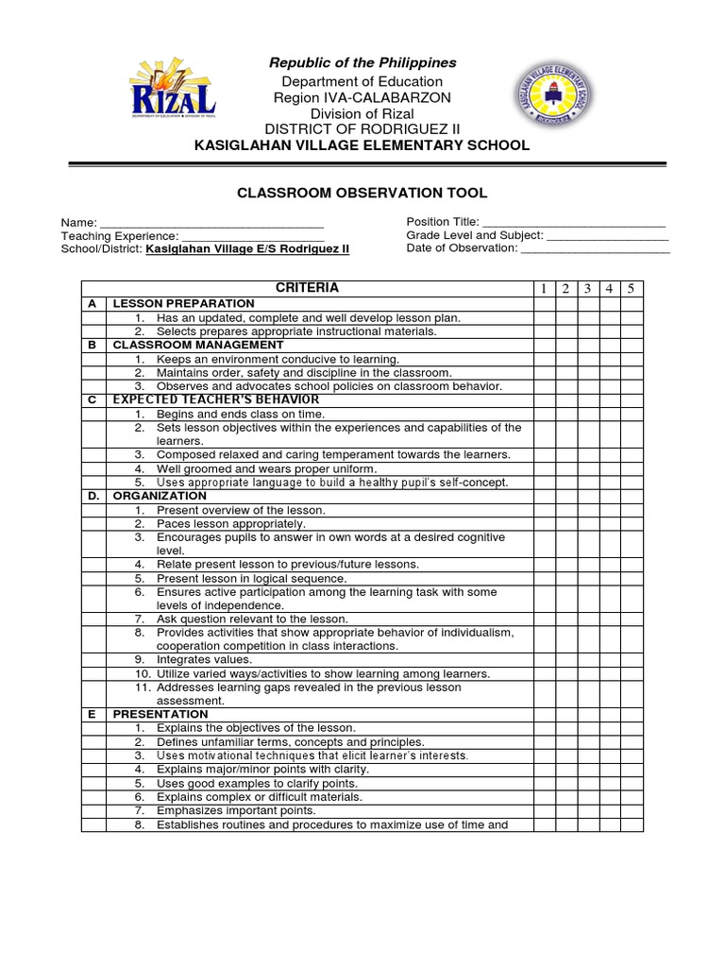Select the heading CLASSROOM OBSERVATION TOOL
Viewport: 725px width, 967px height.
(x=362, y=193)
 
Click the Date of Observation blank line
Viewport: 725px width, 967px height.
(x=595, y=248)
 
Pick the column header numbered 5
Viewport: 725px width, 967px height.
(x=632, y=289)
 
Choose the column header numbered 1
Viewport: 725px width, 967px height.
(x=544, y=289)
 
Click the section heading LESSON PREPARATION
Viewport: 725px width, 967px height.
(x=183, y=304)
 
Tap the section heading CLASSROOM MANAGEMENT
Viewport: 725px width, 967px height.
(x=197, y=345)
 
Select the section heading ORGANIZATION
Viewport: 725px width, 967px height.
(x=160, y=496)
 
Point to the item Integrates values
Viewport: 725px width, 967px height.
(x=204, y=660)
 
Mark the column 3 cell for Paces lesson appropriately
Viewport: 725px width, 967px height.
(x=587, y=524)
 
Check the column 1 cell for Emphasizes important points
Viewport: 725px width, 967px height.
(x=544, y=811)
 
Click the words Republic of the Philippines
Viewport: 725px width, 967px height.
(x=362, y=63)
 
